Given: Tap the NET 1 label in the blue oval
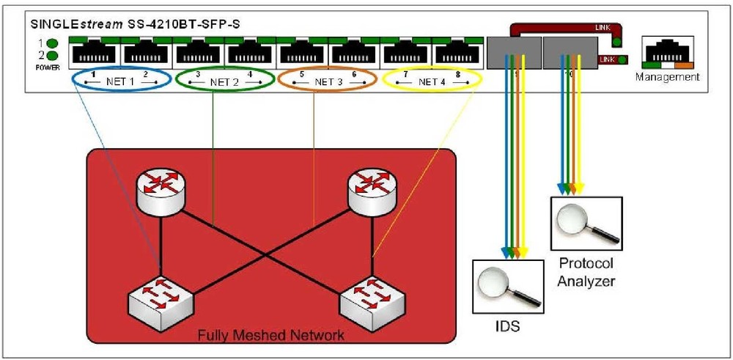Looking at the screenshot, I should (122, 82).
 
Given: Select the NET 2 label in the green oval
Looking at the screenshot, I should (224, 82).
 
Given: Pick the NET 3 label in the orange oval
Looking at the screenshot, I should (328, 82).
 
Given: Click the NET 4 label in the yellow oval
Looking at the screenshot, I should (432, 82).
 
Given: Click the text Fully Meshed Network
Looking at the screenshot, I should (271, 336).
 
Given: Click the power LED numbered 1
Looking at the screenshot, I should (53, 43).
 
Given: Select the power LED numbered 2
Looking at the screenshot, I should (53, 55).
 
